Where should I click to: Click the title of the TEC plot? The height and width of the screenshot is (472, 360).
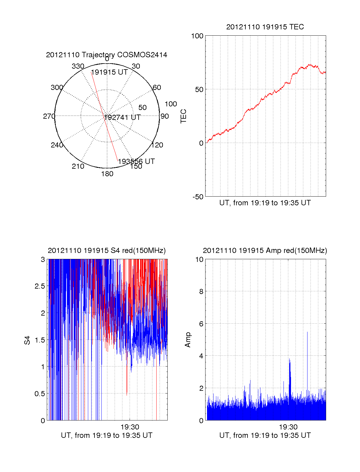coord(265,27)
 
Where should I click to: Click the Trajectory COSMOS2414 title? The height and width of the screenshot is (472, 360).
coord(106,55)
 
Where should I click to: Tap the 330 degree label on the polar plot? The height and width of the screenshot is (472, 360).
coord(78,66)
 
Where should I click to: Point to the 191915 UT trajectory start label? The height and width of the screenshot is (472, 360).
coord(109,72)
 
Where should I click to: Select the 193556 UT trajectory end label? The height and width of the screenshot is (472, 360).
coord(136,162)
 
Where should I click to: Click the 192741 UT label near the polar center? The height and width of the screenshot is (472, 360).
coord(122,117)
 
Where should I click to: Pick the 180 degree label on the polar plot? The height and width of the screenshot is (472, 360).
coord(107,174)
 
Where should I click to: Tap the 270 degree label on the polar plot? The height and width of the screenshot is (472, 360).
coord(49,116)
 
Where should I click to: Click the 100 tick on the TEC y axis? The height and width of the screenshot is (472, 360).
coord(197,36)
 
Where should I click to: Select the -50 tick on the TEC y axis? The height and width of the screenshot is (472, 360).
coord(198,197)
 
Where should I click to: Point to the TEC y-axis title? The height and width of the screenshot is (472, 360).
coord(183,116)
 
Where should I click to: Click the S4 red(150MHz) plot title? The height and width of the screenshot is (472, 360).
coord(106,251)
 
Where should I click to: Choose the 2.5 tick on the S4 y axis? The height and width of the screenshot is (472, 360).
coord(40,286)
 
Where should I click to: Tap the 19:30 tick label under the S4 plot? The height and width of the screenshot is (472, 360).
coord(130,427)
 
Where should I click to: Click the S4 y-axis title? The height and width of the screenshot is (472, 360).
coord(27,340)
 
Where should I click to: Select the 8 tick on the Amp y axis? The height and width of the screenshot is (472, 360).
coord(201,292)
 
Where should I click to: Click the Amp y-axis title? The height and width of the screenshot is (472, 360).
coord(188,340)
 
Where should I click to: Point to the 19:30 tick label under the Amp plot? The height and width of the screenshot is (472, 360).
coord(288,427)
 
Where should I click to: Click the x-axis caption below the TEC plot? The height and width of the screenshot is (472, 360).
coord(265,203)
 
